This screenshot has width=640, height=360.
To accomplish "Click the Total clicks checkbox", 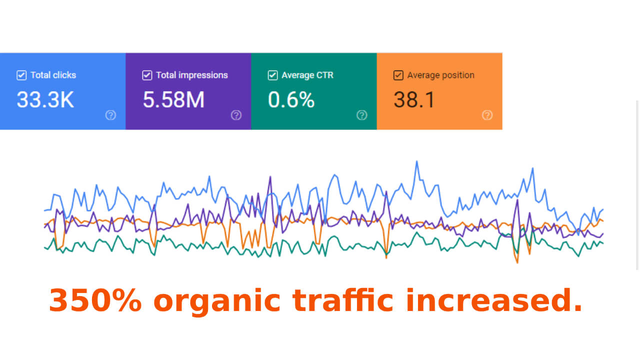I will click(21, 75).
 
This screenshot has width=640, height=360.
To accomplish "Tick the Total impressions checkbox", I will click(147, 75).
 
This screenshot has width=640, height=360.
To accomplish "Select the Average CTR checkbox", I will click(272, 75).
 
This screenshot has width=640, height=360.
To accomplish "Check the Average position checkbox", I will click(398, 75).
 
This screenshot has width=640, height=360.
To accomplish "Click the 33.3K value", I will click(45, 100).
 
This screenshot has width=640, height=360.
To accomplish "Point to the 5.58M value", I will click(173, 100).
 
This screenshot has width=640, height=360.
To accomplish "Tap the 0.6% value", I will click(291, 100).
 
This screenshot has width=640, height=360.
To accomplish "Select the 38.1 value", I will click(414, 100).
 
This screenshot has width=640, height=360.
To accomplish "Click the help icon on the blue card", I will click(111, 115).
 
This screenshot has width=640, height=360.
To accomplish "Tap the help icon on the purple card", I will click(236, 115).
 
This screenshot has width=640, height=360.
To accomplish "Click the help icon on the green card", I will click(362, 115).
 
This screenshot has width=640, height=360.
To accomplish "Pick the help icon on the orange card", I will click(487, 115).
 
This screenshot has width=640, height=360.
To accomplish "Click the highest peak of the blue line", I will click(416, 161).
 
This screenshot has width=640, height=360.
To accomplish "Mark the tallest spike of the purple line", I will click(270, 177).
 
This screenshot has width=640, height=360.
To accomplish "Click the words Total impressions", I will click(191, 75).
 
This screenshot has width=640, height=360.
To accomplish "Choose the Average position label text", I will click(440, 75).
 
